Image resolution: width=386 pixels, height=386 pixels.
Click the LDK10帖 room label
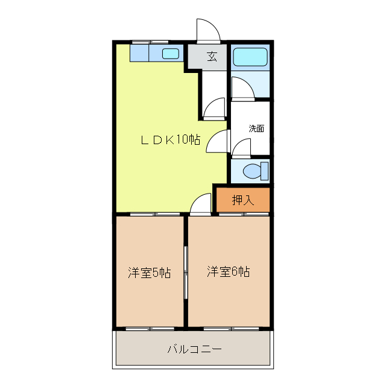[x=171, y=139]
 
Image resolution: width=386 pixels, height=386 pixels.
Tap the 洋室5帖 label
[x=149, y=273]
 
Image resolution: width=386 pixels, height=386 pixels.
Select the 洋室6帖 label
[x=229, y=272]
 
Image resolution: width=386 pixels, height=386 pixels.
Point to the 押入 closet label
[x=243, y=200]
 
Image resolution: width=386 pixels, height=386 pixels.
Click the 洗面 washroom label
[x=256, y=128]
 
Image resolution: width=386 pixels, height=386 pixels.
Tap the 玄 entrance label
[x=212, y=57]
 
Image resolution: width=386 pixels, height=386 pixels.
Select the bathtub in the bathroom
[x=250, y=57]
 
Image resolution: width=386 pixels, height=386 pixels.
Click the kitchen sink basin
[x=171, y=54]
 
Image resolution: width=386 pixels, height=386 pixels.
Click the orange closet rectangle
[x=243, y=200]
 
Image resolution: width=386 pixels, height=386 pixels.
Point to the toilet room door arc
[x=242, y=148]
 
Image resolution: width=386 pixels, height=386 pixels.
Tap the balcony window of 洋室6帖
[x=228, y=328]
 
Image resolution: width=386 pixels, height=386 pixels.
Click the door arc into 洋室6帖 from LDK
[x=200, y=205]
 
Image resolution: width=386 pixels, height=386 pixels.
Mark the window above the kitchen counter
[x=150, y=42]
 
